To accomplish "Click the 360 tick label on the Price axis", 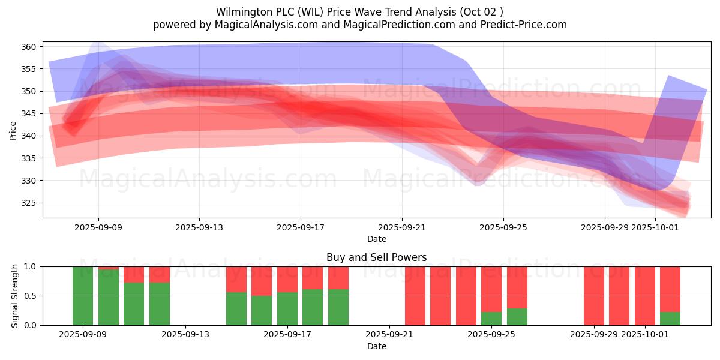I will (30, 47).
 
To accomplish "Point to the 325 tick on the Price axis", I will (30, 203).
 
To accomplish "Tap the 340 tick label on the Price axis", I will (30, 136).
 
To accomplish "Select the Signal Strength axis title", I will (15, 296).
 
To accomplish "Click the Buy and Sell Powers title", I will (376, 257).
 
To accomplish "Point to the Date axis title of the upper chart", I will (376, 239).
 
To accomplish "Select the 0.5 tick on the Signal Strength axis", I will (30, 296).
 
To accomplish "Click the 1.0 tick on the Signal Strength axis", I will (30, 266).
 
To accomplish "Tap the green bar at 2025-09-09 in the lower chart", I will (83, 296).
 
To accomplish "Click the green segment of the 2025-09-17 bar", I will (287, 308).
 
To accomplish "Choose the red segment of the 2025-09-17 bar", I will (287, 279).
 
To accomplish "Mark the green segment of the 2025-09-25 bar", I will (491, 319).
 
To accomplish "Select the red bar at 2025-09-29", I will (594, 296).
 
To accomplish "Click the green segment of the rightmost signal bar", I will (670, 319).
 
